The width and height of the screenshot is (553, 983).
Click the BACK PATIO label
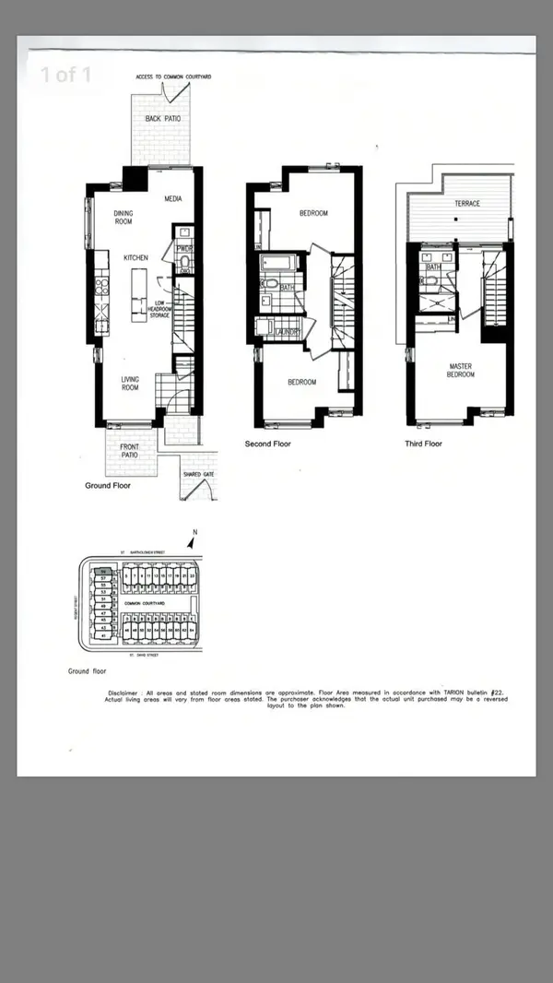coord(160,119)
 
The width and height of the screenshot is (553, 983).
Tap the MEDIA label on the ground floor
coord(172,198)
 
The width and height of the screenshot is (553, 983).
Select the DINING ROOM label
coord(124,218)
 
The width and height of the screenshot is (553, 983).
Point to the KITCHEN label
coord(136,257)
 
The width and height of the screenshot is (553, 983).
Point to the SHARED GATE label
coord(198,474)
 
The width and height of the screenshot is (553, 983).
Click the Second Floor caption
coord(267,444)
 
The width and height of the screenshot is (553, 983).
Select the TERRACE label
coord(466,203)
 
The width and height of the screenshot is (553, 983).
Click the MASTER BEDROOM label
coord(460,371)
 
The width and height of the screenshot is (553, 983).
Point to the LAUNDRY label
coord(288,332)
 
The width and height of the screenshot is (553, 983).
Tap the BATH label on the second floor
coord(287,288)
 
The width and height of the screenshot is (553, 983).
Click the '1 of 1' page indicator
coord(65,75)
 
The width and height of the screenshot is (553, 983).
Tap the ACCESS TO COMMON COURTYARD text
coord(173,76)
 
